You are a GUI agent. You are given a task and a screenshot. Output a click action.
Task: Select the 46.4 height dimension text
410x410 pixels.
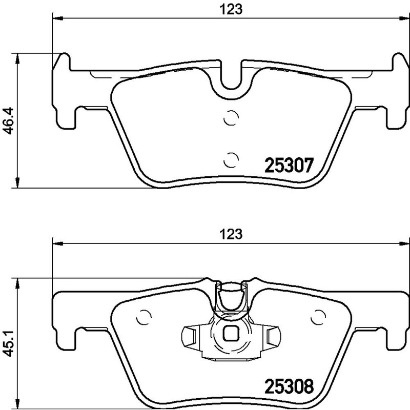(x=8, y=121)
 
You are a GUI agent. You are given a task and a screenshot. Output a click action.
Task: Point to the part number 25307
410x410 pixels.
(x=288, y=166)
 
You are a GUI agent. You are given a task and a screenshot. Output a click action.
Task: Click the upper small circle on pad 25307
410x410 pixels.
(x=232, y=118)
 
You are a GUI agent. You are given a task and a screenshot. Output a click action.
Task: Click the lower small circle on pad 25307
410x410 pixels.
(x=232, y=160)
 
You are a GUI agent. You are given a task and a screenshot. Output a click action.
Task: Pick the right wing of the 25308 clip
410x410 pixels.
(x=271, y=336)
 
